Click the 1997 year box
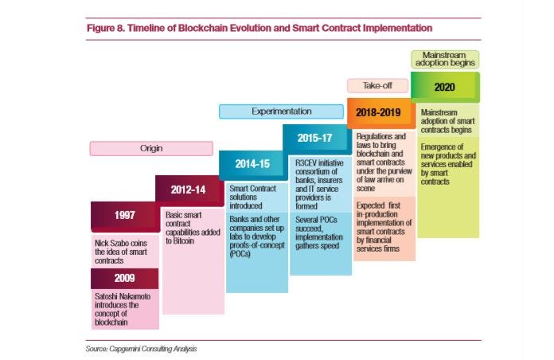[123, 216]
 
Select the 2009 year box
[123, 278]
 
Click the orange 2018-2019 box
[380, 112]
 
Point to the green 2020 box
[445, 87]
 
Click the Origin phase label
[151, 148]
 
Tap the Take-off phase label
[376, 85]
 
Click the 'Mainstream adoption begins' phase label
[445, 58]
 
